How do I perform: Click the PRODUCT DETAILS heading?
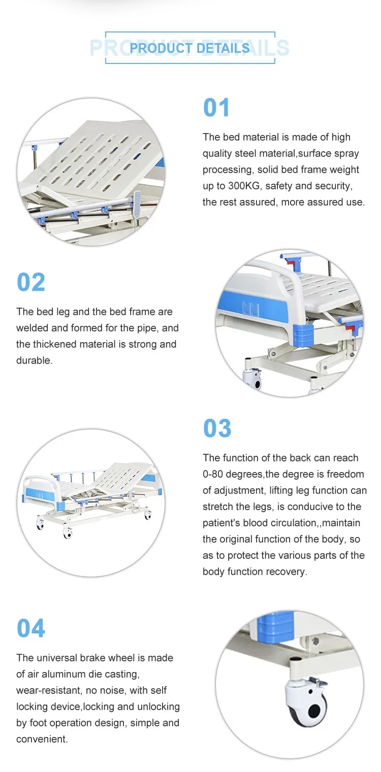(x=189, y=48)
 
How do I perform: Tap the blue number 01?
(x=216, y=108)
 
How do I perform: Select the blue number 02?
(x=31, y=283)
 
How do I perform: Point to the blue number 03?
(x=217, y=428)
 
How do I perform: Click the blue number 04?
(x=31, y=628)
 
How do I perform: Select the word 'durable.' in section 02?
(x=34, y=360)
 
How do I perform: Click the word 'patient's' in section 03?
(x=221, y=523)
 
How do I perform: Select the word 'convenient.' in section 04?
(x=42, y=739)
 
